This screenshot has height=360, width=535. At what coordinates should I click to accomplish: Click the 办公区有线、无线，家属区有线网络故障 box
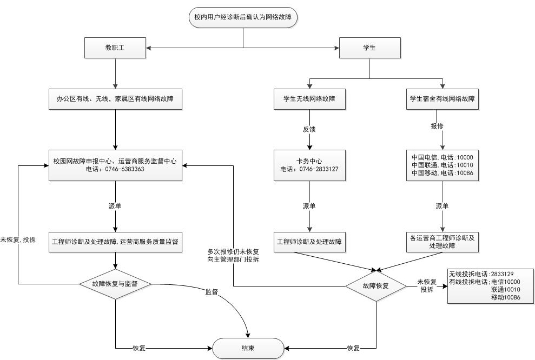(115, 99)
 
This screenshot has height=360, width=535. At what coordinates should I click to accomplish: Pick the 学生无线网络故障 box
(309, 99)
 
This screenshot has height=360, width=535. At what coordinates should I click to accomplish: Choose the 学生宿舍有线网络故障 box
(442, 99)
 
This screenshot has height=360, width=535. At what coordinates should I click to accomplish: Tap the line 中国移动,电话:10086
(442, 172)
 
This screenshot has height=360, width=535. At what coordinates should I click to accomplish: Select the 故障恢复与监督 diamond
(115, 283)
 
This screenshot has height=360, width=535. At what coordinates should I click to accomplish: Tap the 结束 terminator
(248, 349)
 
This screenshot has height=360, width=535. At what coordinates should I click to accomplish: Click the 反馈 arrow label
(309, 129)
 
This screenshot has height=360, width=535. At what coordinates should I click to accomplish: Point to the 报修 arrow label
(437, 126)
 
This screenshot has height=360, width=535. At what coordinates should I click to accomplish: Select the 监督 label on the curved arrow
(212, 291)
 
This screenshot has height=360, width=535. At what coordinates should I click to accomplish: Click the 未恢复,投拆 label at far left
(18, 239)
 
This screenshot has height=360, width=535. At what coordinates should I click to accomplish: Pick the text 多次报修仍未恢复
(233, 252)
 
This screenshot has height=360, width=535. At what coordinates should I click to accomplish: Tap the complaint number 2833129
(501, 274)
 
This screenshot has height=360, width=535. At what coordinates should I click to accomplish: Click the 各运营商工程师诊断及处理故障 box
(442, 241)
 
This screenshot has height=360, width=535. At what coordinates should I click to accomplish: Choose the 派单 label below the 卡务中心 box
(309, 206)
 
